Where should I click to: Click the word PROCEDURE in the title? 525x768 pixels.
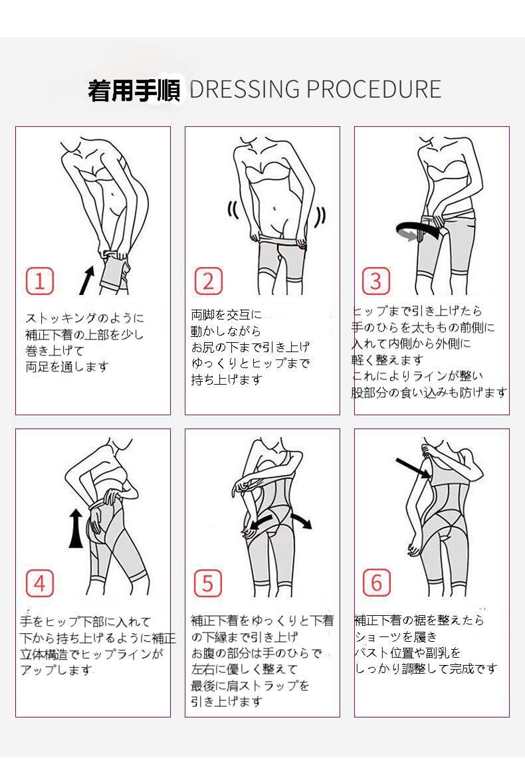[373, 89]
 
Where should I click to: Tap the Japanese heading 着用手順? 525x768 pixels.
[134, 90]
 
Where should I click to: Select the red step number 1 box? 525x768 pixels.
[39, 280]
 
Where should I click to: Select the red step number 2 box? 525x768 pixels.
[208, 280]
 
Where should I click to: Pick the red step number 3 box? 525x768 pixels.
[376, 280]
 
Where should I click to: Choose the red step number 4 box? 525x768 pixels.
[39, 583]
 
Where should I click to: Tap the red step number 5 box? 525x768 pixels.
[208, 583]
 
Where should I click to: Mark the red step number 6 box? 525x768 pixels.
[376, 583]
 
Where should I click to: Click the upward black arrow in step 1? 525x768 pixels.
[86, 280]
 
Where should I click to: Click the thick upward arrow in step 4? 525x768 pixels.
[75, 528]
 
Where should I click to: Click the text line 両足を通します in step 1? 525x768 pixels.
[67, 367]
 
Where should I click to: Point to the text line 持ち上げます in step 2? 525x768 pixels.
[226, 379]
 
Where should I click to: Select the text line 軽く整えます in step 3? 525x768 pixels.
[387, 360]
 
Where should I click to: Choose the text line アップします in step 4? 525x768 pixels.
[56, 670]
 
